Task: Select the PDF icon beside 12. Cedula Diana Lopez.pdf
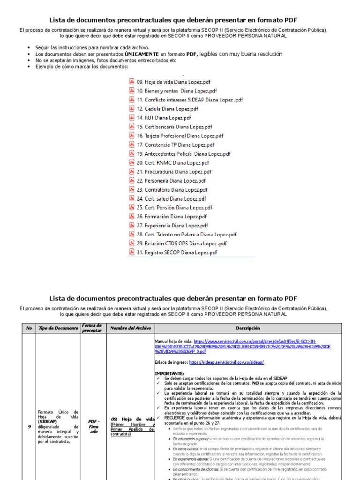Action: tap(132, 108)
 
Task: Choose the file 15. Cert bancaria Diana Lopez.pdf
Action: tap(174, 127)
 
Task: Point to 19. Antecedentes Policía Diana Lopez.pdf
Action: tap(183, 154)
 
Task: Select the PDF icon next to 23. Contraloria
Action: tap(132, 189)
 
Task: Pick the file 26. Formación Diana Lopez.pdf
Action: tap(172, 217)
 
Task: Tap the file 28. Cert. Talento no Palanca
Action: tap(187, 234)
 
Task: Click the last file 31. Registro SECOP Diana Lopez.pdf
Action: tap(177, 253)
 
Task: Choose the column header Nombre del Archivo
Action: tap(130, 328)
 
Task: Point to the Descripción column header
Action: tap(247, 328)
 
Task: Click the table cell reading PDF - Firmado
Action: tap(94, 426)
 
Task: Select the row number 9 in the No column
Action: tap(29, 427)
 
